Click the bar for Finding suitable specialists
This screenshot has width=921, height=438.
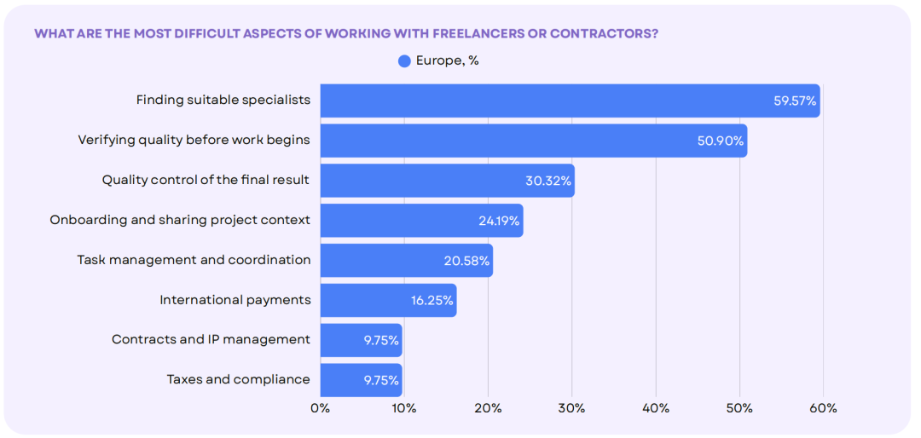(x=570, y=101)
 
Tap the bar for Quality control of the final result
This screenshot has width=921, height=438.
(x=447, y=181)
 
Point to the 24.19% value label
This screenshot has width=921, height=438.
(x=499, y=221)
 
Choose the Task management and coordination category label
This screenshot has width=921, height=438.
(x=194, y=260)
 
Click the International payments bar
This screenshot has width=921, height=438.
(x=388, y=300)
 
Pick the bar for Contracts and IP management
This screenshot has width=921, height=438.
(x=362, y=340)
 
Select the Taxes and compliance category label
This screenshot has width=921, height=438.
(x=238, y=379)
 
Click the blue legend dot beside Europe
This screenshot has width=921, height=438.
(x=404, y=61)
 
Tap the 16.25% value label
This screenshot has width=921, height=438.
(x=432, y=301)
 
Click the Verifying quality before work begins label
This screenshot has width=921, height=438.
(x=194, y=141)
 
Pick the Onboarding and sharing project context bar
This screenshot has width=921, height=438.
(x=422, y=220)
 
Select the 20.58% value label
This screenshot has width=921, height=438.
(x=467, y=261)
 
